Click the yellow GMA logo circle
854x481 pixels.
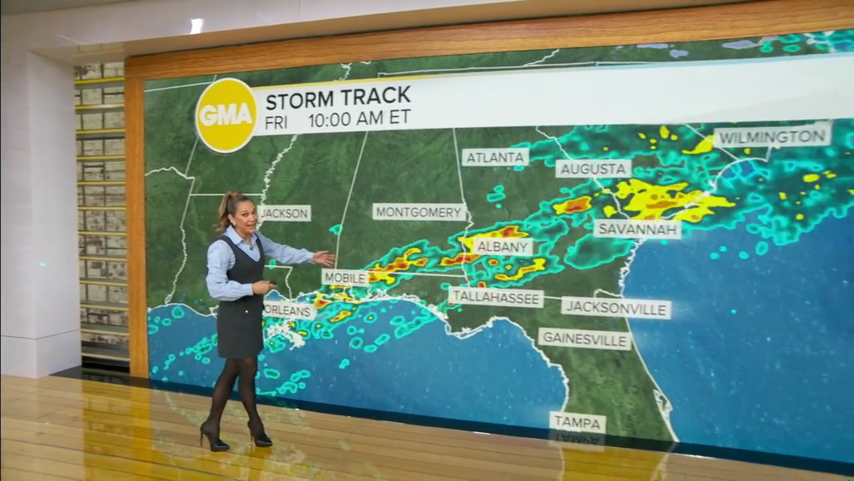tap(226, 115)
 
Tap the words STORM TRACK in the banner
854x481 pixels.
tap(338, 98)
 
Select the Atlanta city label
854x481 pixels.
tap(495, 158)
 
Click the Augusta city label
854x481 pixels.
tap(593, 168)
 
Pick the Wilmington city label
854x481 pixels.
tap(773, 137)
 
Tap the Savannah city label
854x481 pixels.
tap(637, 228)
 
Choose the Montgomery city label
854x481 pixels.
tap(419, 212)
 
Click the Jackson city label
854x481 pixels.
tap(285, 213)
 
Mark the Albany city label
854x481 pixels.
tap(503, 247)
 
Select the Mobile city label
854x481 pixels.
tap(345, 277)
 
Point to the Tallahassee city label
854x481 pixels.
tap(495, 297)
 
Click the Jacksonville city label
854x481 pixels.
tap(615, 308)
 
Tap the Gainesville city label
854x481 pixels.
tap(584, 338)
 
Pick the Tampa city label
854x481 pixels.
tap(577, 423)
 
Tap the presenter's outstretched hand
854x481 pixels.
tap(324, 258)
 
